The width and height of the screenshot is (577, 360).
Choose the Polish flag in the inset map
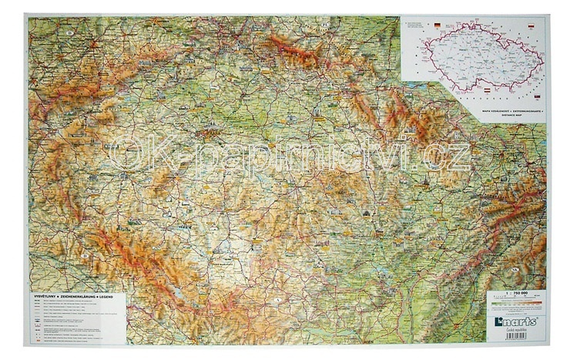coord(532,26)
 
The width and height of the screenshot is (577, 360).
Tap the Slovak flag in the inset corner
coord(537,97)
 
